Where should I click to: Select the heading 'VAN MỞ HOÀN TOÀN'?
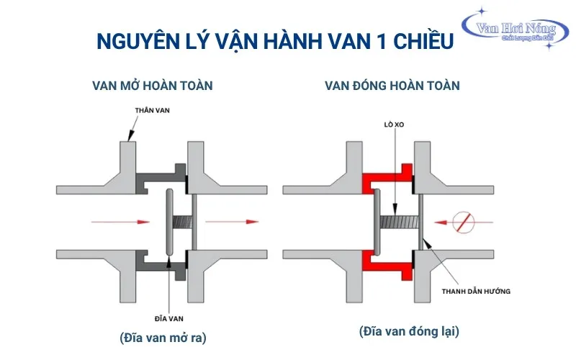coord(152,86)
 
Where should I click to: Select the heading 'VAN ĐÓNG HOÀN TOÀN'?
coord(392,86)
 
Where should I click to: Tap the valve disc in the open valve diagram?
coord(168,221)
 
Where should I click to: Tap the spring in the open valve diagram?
coord(183,221)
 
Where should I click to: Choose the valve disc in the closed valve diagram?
coord(377,221)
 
